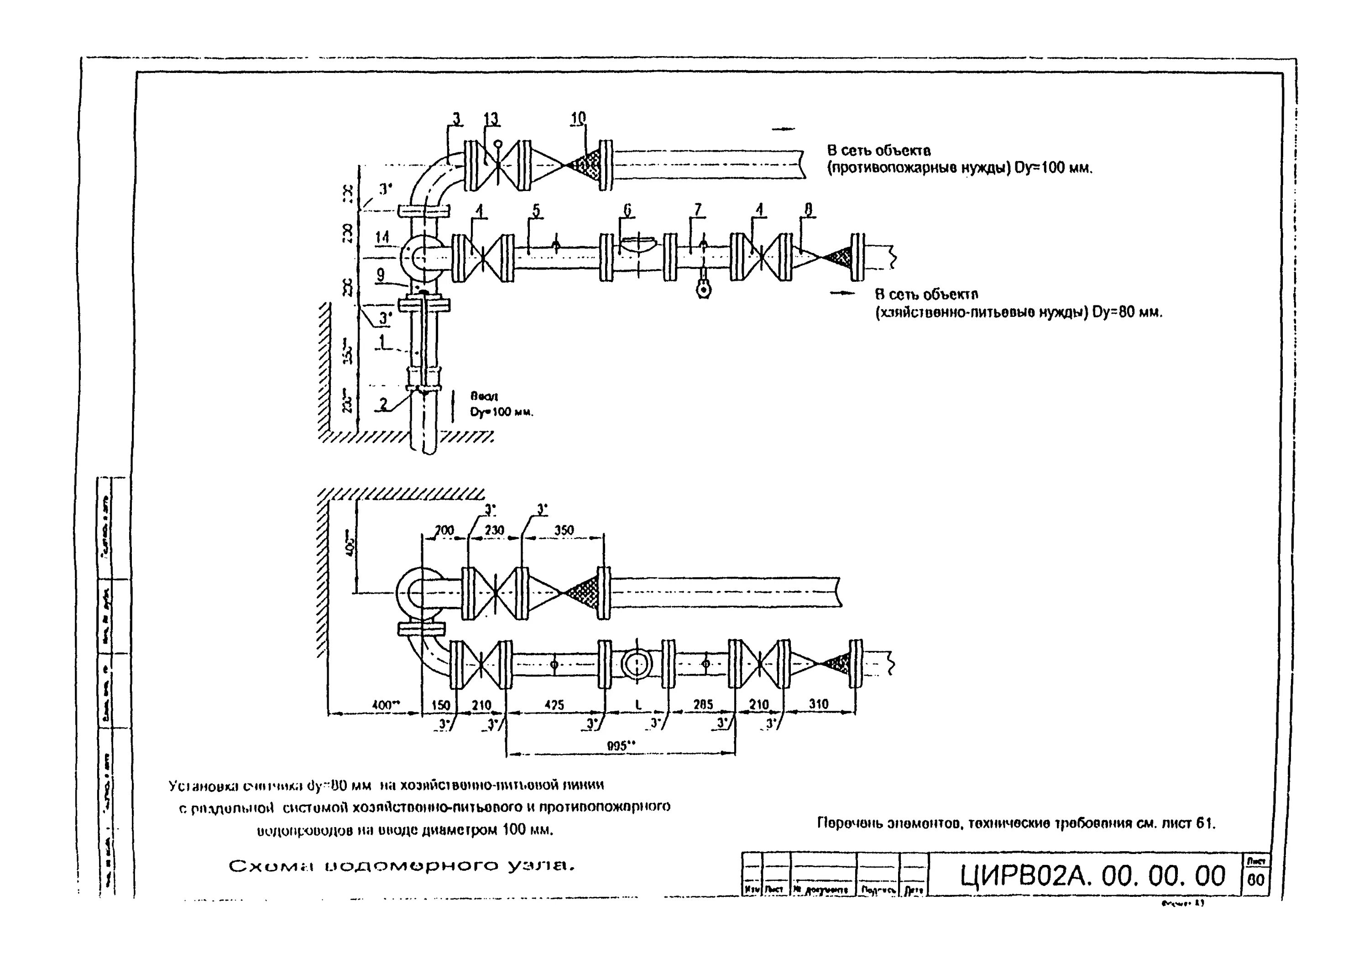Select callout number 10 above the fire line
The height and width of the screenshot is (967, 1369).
pyautogui.click(x=578, y=119)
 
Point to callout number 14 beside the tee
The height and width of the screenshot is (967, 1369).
pyautogui.click(x=382, y=237)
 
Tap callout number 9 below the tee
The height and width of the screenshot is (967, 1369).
pyautogui.click(x=380, y=274)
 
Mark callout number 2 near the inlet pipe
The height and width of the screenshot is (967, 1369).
pyautogui.click(x=384, y=404)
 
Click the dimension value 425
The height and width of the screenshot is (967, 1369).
pyautogui.click(x=554, y=705)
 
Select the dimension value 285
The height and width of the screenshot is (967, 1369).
pyautogui.click(x=703, y=705)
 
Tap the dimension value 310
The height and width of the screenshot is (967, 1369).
pyautogui.click(x=818, y=704)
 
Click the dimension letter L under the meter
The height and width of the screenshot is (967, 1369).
pyautogui.click(x=638, y=705)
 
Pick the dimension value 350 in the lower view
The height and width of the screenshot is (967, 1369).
pyautogui.click(x=564, y=530)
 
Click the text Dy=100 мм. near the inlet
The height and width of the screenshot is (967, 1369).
pyautogui.click(x=502, y=412)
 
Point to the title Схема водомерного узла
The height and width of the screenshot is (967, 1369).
pyautogui.click(x=402, y=866)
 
